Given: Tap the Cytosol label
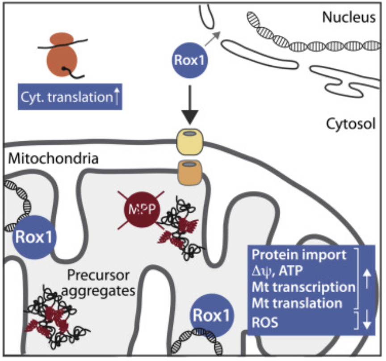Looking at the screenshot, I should (x=350, y=124).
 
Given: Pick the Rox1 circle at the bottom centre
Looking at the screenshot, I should (x=212, y=315).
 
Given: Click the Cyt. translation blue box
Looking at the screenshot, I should (x=70, y=97).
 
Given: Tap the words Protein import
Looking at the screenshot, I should (x=298, y=256).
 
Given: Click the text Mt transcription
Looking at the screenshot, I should (x=303, y=287).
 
